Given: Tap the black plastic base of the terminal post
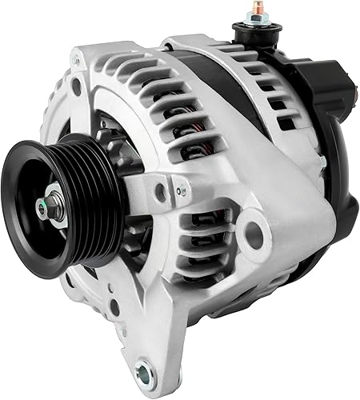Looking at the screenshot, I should [247, 33].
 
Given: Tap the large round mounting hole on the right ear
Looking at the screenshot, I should [254, 233].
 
